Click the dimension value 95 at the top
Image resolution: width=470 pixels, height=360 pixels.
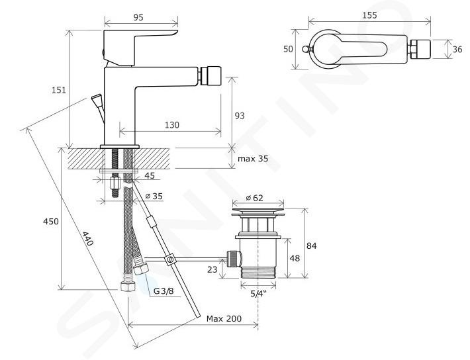coord(138,17)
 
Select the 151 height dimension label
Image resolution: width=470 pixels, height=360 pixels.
coord(59,89)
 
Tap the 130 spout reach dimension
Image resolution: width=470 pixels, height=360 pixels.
coord(171,124)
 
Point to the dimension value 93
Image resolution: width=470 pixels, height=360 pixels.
coord(240,115)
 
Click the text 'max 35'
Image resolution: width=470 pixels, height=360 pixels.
coord(253,158)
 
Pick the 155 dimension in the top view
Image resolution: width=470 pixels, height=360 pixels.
coord(369,15)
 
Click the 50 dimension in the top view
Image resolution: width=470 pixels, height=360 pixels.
coord(288,49)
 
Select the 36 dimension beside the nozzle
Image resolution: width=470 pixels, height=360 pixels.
coord(457,49)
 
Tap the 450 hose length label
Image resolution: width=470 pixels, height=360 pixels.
coord(51,222)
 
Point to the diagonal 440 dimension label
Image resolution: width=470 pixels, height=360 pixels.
coord(87,238)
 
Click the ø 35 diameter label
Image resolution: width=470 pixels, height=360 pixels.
coord(154,196)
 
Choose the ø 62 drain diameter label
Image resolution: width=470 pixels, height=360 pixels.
coord(254,198)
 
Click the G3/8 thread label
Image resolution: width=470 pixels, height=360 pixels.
coord(164,291)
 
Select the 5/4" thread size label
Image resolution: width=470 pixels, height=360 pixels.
coord(258,294)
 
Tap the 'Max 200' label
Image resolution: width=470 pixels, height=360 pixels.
coord(224,318)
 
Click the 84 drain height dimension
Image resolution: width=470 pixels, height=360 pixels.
coord(311,246)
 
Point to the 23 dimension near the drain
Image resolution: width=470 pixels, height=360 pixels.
coord(212,269)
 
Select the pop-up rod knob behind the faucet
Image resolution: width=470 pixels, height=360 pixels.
coord(97,99)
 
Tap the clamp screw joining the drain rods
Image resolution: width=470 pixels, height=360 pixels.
coord(171,259)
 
